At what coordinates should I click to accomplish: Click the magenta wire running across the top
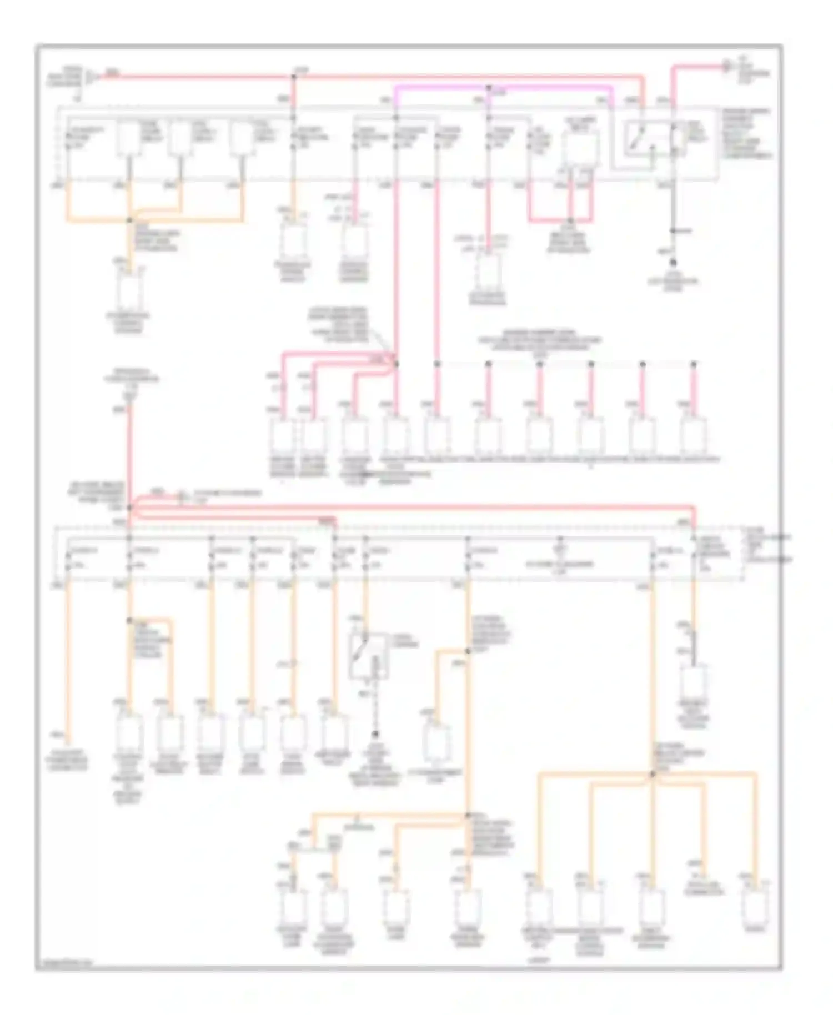[x=444, y=87]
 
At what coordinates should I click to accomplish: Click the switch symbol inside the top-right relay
[x=636, y=139]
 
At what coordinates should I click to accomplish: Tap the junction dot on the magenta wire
[x=489, y=88]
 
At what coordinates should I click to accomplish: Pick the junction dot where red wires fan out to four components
[x=396, y=364]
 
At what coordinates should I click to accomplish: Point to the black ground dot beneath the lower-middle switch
[x=375, y=734]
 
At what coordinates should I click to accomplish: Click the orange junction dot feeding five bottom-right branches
[x=653, y=772]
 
